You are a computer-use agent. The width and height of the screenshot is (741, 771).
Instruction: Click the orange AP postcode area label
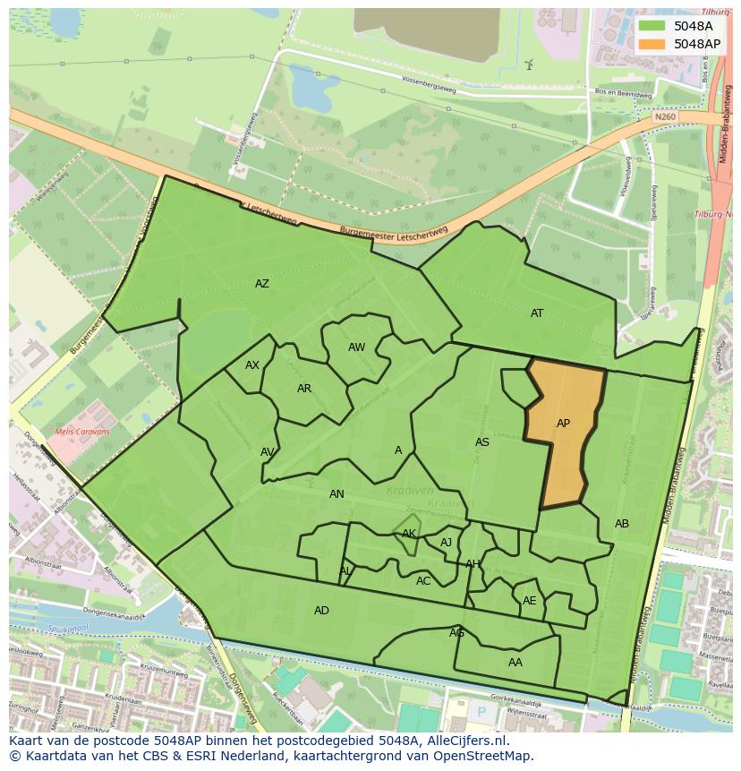click(x=563, y=424)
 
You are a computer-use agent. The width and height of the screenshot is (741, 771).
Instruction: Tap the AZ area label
click(x=261, y=284)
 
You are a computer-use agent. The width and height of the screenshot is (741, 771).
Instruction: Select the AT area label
click(x=537, y=313)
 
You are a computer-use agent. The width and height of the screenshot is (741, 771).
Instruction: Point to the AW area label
click(x=356, y=347)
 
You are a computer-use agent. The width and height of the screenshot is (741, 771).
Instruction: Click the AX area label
click(x=252, y=365)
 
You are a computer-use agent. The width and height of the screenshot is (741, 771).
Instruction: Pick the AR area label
click(x=304, y=389)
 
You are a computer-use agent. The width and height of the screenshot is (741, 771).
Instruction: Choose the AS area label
click(x=482, y=442)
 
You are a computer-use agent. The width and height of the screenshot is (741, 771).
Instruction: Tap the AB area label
click(x=622, y=524)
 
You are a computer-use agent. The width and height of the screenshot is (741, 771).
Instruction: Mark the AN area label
click(x=336, y=494)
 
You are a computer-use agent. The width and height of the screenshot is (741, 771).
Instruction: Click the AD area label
click(x=321, y=611)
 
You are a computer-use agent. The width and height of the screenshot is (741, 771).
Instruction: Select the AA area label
click(x=515, y=663)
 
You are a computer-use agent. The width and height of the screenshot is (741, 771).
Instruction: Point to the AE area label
click(x=530, y=601)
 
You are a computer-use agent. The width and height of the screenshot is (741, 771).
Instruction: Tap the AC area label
click(x=423, y=581)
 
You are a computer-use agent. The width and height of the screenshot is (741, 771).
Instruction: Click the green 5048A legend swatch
click(x=652, y=26)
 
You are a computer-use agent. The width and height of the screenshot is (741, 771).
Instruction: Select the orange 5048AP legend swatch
click(x=652, y=44)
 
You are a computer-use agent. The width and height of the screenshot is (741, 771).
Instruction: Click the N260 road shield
click(x=664, y=116)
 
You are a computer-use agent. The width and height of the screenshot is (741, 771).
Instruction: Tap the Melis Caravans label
click(x=81, y=432)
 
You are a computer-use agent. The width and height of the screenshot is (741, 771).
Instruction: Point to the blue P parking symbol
click(x=481, y=712)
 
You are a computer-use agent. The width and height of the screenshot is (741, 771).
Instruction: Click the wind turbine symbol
click(x=529, y=64)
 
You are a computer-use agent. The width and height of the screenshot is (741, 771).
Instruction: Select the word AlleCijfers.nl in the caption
click(x=466, y=741)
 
